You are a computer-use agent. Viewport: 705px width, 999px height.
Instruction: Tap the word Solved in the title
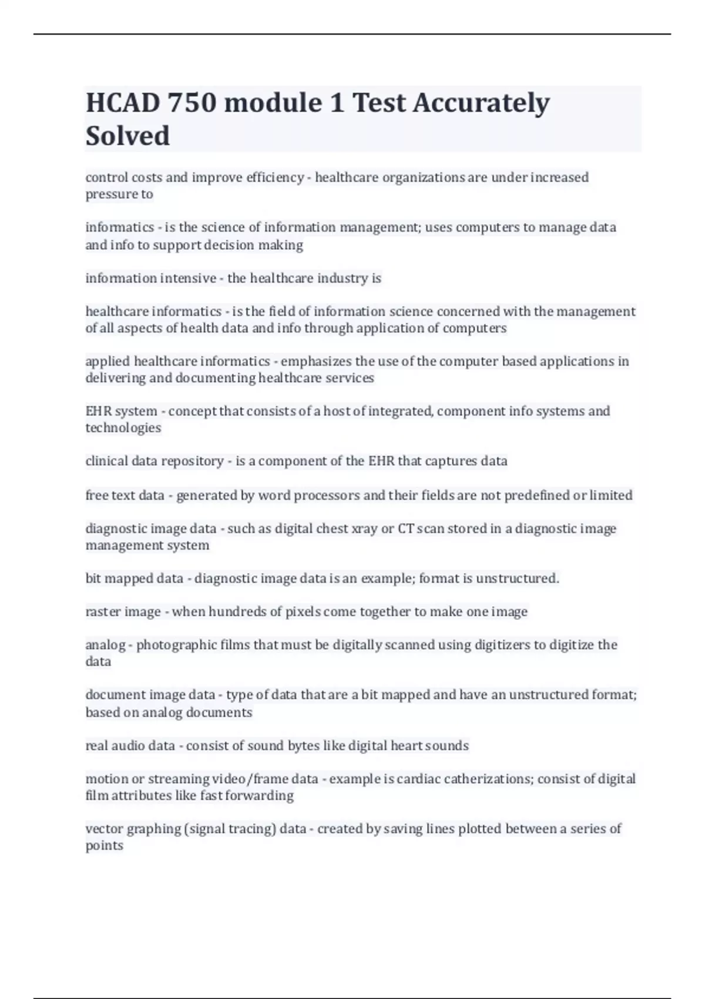127,136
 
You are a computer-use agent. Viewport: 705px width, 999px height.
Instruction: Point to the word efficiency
277,177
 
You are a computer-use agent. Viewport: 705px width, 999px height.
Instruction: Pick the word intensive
183,278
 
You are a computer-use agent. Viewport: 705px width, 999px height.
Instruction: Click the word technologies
123,428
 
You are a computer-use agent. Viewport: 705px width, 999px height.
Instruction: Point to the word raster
103,612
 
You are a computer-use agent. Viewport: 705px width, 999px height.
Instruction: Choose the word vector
103,829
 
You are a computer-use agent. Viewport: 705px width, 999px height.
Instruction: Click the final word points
104,846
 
